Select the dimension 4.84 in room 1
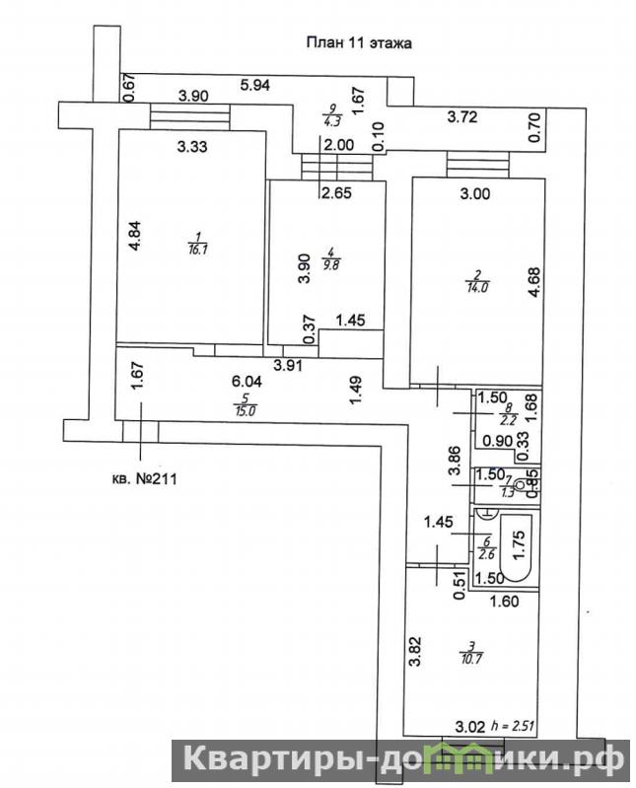(x=138, y=242)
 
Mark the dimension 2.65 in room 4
(x=336, y=192)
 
